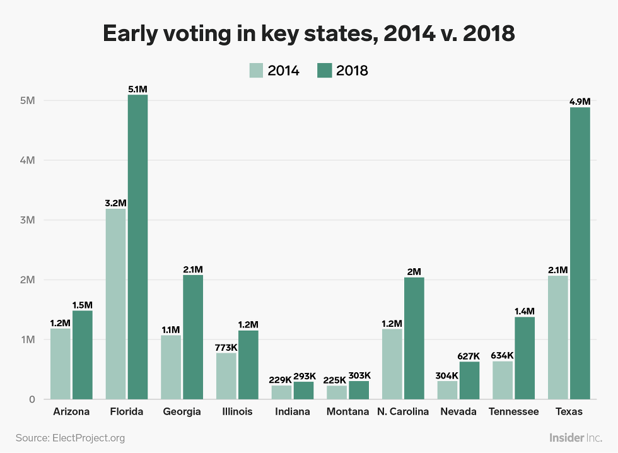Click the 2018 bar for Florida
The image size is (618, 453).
[x=137, y=247]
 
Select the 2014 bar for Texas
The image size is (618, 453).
[x=558, y=337]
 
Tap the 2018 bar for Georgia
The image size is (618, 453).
[x=192, y=337]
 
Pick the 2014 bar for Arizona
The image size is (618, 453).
[x=60, y=363]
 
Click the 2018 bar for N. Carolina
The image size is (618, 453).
[x=414, y=338]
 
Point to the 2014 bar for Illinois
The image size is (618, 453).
[x=226, y=376]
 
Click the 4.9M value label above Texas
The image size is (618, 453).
[x=580, y=102]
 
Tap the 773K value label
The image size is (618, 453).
[x=226, y=347]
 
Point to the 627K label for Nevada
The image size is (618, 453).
[x=469, y=356]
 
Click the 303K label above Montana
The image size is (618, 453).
[x=359, y=375]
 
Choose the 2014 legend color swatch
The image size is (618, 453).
[x=256, y=70]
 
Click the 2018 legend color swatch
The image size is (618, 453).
[x=324, y=70]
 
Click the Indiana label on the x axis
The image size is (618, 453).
[x=293, y=412]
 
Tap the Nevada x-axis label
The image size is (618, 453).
[x=458, y=412]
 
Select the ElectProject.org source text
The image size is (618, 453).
[x=88, y=437]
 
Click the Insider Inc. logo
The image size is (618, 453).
[x=576, y=437]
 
